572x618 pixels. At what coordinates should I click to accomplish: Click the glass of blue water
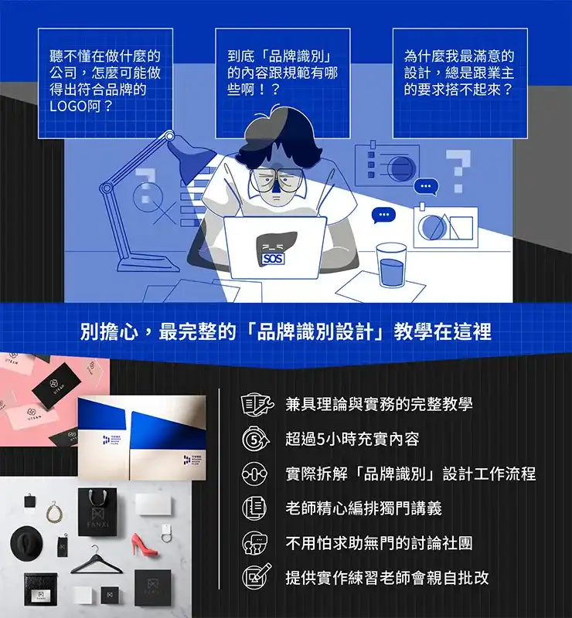click(x=392, y=267)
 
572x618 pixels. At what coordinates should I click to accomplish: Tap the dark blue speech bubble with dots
click(x=383, y=215)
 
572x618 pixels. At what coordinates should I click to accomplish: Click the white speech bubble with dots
click(x=425, y=186)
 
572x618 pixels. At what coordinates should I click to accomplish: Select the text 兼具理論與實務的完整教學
click(x=379, y=404)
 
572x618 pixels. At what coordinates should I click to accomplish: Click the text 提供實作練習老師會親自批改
click(x=386, y=577)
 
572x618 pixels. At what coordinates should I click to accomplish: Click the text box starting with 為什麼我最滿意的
click(x=460, y=83)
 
